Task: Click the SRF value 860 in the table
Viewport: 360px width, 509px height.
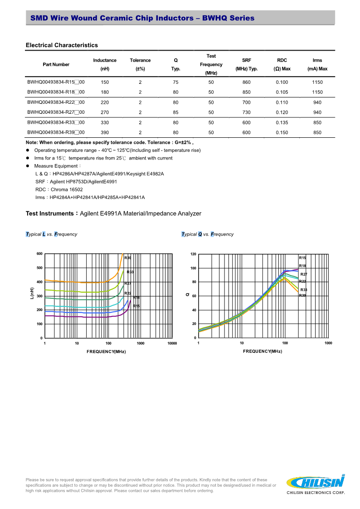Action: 246,82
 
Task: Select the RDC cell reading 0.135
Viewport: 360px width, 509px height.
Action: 282,122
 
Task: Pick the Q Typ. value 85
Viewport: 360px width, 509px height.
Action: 175,112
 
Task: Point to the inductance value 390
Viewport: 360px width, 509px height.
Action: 105,132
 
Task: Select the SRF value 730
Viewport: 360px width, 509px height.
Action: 246,112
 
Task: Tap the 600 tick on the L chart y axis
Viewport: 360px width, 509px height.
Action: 39,254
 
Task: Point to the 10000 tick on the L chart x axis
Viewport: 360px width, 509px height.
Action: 172,343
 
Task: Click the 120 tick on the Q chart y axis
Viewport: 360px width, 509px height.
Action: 193,254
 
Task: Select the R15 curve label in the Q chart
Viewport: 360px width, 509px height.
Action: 302,258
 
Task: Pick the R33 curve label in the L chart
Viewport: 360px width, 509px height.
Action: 130,272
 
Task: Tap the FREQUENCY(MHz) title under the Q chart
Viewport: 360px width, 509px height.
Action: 263,351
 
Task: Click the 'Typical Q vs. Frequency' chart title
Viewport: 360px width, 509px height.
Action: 207,234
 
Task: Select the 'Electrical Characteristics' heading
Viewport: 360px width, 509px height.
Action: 62,45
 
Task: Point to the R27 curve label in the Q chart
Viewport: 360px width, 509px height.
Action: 304,274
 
